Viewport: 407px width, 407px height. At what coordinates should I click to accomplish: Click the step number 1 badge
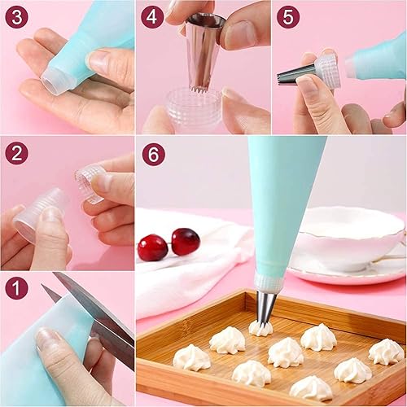pyautogui.click(x=16, y=288)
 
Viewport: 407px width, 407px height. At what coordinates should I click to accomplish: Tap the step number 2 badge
pyautogui.click(x=16, y=153)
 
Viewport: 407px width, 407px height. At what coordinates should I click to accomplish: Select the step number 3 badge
pyautogui.click(x=16, y=17)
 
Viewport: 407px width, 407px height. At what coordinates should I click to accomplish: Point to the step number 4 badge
pyautogui.click(x=152, y=17)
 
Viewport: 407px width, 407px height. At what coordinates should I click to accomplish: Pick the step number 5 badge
pyautogui.click(x=288, y=17)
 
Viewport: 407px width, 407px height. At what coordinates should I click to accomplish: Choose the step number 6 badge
pyautogui.click(x=154, y=154)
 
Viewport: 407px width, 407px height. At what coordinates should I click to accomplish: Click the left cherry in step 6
pyautogui.click(x=152, y=247)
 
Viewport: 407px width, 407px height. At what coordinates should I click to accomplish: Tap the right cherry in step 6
pyautogui.click(x=186, y=242)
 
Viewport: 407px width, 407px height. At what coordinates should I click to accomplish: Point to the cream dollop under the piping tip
pyautogui.click(x=260, y=329)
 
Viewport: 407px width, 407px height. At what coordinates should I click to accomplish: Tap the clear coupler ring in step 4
pyautogui.click(x=193, y=108)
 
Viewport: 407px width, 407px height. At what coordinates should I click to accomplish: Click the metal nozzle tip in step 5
pyautogui.click(x=297, y=75)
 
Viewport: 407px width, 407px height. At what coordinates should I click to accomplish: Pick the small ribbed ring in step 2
pyautogui.click(x=89, y=184)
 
